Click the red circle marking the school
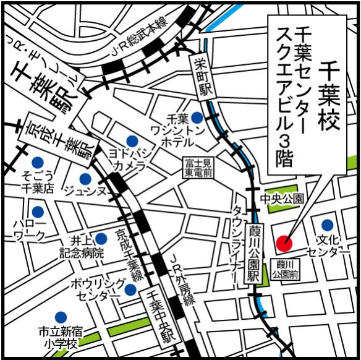coord(284,243)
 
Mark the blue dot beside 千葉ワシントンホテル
coord(197,117)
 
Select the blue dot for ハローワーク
coord(38,211)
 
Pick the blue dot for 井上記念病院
coord(101,238)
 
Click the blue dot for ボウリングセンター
coord(130,289)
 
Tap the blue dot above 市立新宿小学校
coord(61,317)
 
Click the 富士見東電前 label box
coord(198,167)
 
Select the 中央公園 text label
coord(282,199)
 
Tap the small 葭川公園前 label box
coord(286,268)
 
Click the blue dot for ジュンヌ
coord(86,179)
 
